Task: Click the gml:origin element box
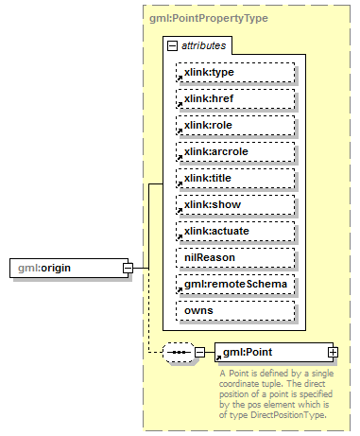point(65,268)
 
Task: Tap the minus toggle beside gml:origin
point(128,268)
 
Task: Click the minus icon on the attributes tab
point(171,44)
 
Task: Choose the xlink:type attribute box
point(235,72)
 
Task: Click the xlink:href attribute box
point(235,98)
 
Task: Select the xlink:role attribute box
point(235,125)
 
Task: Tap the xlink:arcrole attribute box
point(235,151)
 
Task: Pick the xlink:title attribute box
point(235,178)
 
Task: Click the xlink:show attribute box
point(235,204)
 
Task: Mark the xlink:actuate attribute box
point(235,231)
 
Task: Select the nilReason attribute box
point(235,257)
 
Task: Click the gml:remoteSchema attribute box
point(235,284)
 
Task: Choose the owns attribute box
point(235,310)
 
